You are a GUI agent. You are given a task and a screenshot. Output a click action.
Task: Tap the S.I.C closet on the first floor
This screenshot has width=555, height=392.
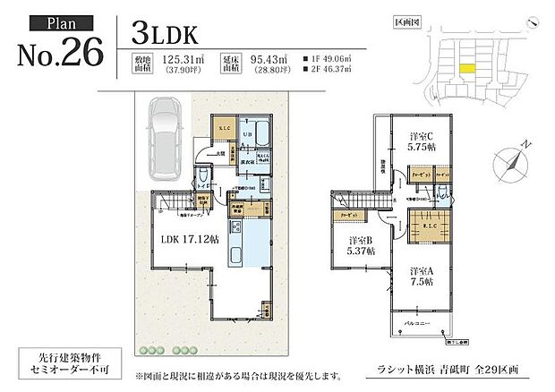click(x=225, y=132)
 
